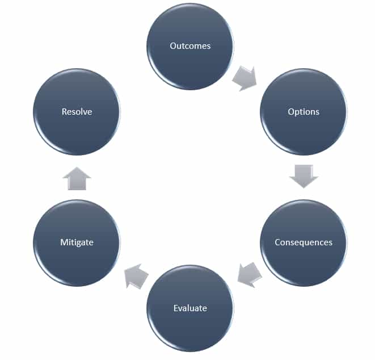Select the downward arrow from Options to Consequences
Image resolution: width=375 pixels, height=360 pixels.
click(304, 177)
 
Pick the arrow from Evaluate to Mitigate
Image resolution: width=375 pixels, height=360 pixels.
click(136, 275)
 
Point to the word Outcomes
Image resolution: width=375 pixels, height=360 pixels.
click(190, 46)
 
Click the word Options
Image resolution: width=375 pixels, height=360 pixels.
click(304, 111)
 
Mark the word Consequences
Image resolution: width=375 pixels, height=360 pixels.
click(304, 242)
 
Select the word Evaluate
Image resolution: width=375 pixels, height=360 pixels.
click(190, 308)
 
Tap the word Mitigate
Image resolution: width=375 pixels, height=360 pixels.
click(77, 242)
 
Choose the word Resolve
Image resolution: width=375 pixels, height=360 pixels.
click(77, 111)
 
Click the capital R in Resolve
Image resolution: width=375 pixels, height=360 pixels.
click(64, 111)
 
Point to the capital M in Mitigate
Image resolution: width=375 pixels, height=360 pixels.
click(64, 242)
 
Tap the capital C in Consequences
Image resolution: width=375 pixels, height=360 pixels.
click(277, 242)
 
